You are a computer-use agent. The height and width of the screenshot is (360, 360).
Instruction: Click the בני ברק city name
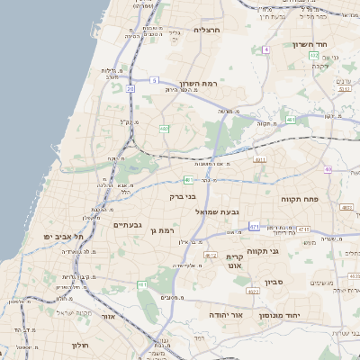(x=183, y=195)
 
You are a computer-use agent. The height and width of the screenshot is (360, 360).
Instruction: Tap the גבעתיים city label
(x=127, y=225)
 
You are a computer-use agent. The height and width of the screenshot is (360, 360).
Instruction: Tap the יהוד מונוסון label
(x=284, y=316)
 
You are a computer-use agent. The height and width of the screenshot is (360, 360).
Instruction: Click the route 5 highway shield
(x=155, y=79)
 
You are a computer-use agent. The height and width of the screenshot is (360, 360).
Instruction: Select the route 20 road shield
(x=130, y=89)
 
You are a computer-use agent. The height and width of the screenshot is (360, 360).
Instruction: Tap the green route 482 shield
(x=165, y=130)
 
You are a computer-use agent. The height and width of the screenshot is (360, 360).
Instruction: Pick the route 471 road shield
(x=255, y=226)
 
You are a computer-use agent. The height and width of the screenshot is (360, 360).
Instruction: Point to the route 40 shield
(x=328, y=169)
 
